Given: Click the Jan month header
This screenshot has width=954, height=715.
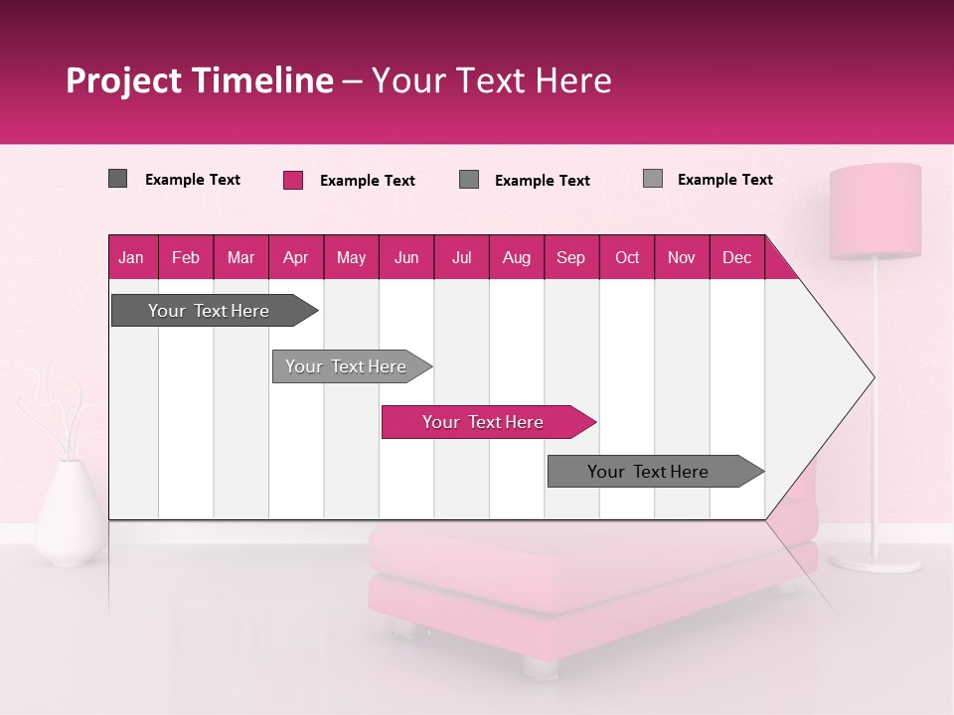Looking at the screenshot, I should pos(132,257).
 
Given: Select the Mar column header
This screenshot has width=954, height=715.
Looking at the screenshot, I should pos(240,257).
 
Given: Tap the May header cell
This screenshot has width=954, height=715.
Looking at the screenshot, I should pos(351,257).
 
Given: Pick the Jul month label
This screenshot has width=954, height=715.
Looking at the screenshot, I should pos(461,257).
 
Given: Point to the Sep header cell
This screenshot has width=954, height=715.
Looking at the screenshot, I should pos(570,257).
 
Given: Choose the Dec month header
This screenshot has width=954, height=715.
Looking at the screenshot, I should pos(736,257).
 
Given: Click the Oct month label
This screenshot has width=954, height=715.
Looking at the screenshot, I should pos(627,257).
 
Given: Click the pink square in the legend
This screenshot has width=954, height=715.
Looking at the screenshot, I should pos(293,180).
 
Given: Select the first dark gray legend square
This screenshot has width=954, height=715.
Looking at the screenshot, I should pos(118,179).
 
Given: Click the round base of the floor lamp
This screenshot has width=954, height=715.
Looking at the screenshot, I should pos(875,562).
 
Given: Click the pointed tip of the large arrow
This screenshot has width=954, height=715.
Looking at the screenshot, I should pos(871,377).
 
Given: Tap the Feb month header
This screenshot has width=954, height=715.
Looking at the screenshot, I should pos(186,257).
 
